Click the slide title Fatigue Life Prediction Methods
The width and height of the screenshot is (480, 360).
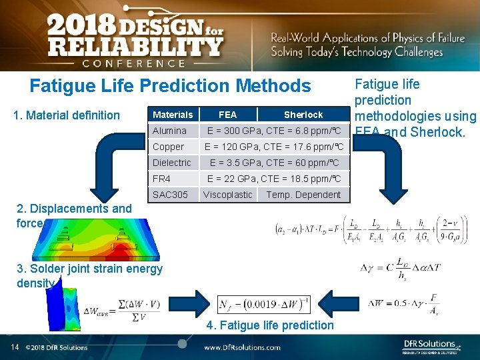tap(170, 86)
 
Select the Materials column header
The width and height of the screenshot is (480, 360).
tap(173, 115)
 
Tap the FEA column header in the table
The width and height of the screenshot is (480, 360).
tap(227, 115)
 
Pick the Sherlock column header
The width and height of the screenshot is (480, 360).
tap(303, 115)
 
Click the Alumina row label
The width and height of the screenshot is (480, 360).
tap(170, 131)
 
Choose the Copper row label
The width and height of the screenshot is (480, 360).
tap(168, 147)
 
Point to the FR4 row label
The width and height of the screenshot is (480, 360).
tap(162, 179)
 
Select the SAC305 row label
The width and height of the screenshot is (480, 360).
tap(170, 195)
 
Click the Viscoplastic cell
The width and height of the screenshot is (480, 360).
tap(228, 195)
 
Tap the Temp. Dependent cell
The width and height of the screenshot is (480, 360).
tap(303, 195)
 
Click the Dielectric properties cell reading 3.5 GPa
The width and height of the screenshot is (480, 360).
tap(274, 163)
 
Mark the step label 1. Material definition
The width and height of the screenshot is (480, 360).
tap(67, 115)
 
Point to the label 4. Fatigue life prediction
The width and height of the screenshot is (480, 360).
tap(270, 325)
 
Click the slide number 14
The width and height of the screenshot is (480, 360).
tap(14, 347)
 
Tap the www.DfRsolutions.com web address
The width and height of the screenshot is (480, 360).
tap(242, 347)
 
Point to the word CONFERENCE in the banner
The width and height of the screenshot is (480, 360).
tap(133, 63)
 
